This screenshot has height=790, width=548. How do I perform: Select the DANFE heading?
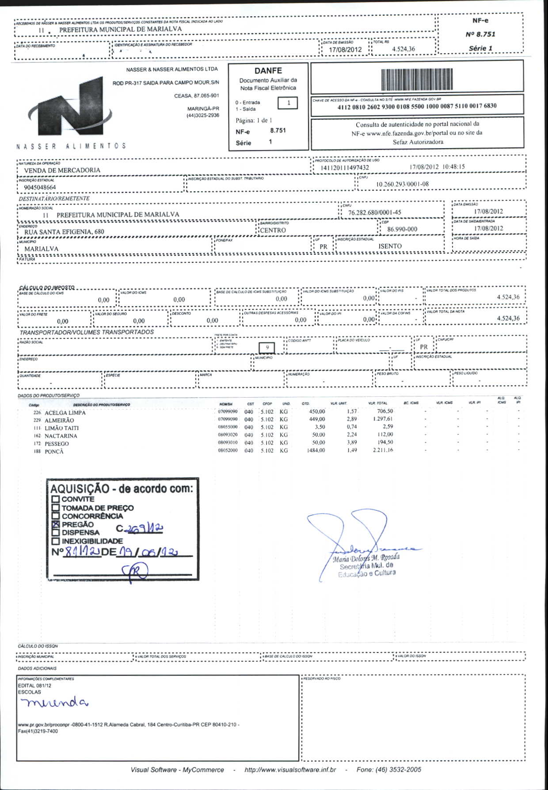(x=268, y=71)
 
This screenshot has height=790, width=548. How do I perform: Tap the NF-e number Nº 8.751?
(x=480, y=34)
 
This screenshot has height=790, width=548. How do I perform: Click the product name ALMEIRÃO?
(x=59, y=421)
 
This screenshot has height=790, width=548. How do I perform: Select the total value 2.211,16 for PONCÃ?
(x=383, y=450)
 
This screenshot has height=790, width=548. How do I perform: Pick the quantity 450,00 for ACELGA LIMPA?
(x=317, y=411)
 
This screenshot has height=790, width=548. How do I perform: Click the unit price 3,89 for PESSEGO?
(x=352, y=442)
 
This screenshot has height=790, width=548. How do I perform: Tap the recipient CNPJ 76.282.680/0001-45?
(x=375, y=213)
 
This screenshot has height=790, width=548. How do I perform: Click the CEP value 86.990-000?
(x=402, y=229)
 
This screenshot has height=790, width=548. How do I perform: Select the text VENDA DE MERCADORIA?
(x=62, y=170)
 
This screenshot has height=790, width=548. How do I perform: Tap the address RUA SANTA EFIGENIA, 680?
(x=64, y=232)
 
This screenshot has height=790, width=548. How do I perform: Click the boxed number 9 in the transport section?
(x=267, y=348)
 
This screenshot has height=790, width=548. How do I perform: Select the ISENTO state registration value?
(x=390, y=246)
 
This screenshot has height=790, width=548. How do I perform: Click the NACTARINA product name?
(x=61, y=436)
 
